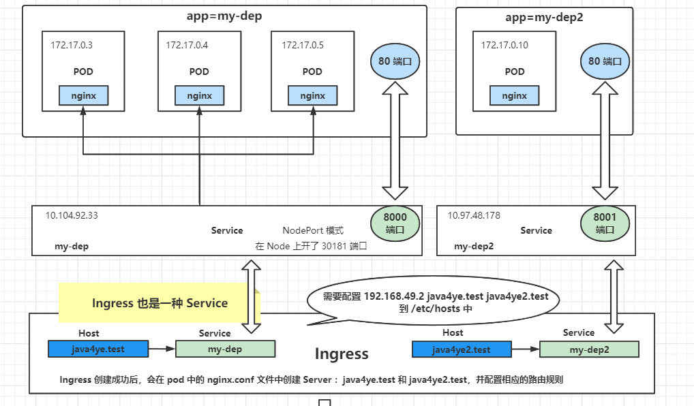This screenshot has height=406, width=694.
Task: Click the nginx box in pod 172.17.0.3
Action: click(x=83, y=96)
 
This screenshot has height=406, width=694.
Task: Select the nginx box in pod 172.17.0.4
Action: click(x=199, y=96)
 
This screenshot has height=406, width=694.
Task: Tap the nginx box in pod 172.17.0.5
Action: click(x=313, y=96)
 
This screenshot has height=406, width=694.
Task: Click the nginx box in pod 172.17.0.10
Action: click(x=515, y=96)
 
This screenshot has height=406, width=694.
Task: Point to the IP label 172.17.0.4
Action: click(x=187, y=46)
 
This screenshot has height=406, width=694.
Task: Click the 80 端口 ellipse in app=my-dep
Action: click(x=395, y=61)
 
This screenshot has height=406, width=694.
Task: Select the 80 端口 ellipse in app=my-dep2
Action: click(x=605, y=61)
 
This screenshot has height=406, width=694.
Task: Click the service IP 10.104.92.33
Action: click(x=72, y=215)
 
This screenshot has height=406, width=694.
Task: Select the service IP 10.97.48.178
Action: click(x=474, y=215)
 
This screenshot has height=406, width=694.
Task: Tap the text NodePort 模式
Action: click(x=313, y=231)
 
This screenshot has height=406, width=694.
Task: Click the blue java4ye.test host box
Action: click(x=97, y=349)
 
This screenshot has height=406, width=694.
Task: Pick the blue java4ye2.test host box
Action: click(x=462, y=349)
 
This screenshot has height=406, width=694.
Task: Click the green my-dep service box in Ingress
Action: click(x=225, y=349)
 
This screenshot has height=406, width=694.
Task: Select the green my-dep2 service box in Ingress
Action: click(x=589, y=349)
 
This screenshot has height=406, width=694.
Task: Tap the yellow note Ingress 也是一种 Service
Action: click(x=160, y=303)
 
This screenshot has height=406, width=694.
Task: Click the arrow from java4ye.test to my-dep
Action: click(x=160, y=349)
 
